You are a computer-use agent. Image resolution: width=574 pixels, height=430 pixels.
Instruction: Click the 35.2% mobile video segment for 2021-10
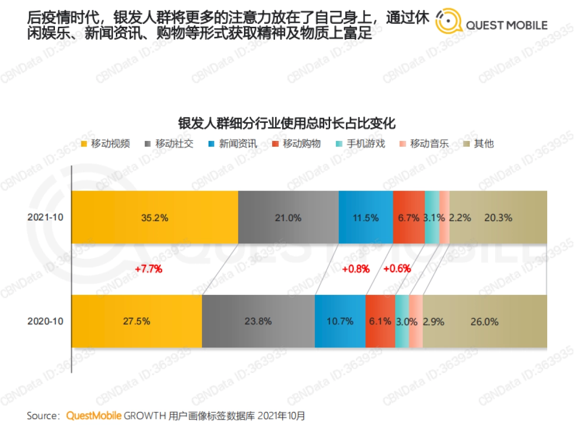(x=155, y=217)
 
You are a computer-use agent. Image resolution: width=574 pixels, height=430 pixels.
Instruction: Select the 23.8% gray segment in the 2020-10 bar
(x=258, y=321)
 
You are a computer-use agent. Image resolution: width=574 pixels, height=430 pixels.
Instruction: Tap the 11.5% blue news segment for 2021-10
(x=366, y=217)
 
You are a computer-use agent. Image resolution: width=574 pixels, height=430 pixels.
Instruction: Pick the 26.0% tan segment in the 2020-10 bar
(x=485, y=321)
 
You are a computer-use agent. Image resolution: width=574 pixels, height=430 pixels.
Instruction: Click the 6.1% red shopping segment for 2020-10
(x=380, y=321)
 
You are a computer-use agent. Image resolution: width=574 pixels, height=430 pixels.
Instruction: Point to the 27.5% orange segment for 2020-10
(x=137, y=321)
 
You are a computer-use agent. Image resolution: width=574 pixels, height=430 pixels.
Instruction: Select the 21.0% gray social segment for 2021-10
(x=288, y=217)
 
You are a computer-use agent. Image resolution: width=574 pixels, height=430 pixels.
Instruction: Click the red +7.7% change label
(x=149, y=269)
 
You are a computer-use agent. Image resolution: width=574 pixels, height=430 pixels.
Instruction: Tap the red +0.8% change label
(x=356, y=269)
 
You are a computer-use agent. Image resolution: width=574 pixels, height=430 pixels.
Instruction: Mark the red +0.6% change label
(x=397, y=269)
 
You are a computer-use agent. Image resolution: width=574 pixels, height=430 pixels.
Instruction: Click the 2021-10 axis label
(x=45, y=217)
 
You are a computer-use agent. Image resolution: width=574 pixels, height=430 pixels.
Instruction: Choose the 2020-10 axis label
(x=45, y=322)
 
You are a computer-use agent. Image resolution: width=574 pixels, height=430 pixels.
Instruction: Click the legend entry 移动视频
(x=106, y=144)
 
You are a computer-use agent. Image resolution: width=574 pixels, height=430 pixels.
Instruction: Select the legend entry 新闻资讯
(x=233, y=144)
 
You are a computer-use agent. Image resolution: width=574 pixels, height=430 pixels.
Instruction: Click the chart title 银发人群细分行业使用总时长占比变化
(x=287, y=123)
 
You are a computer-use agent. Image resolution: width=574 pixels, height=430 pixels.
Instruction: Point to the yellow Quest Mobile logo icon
(x=448, y=21)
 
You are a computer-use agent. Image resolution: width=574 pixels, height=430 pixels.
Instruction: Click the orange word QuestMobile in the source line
(x=94, y=416)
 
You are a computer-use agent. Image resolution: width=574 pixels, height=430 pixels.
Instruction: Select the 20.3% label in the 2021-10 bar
(x=498, y=218)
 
